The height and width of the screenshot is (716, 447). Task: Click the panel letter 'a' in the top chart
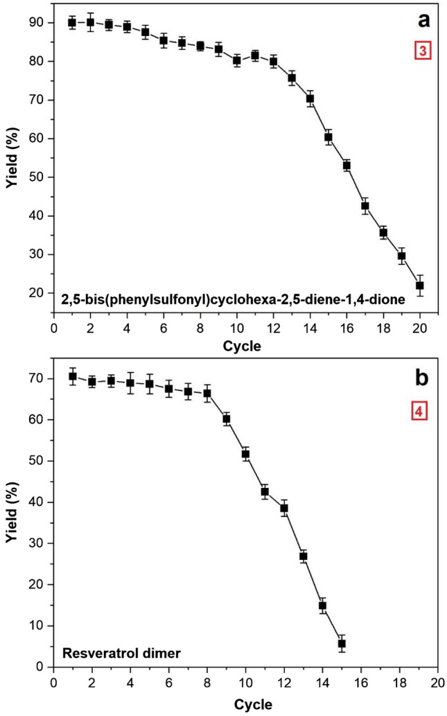click(x=423, y=21)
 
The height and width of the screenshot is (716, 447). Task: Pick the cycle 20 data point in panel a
click(x=419, y=286)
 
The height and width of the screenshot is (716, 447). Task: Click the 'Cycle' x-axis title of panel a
click(x=243, y=346)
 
